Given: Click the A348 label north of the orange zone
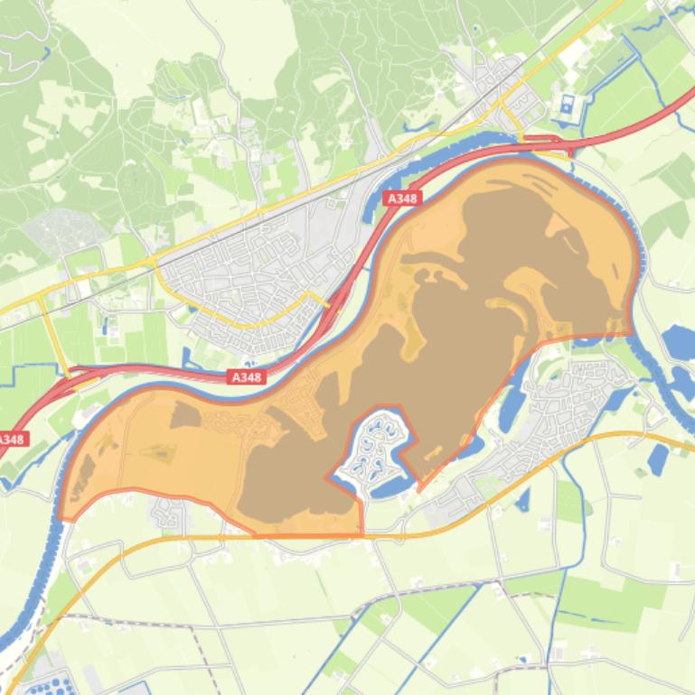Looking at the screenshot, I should (x=401, y=198).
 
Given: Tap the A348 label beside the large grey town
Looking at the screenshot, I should (x=246, y=377).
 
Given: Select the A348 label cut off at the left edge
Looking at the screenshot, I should (x=11, y=440).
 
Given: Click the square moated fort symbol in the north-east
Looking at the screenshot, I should (x=568, y=107).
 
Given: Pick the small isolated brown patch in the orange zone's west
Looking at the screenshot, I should (x=185, y=414).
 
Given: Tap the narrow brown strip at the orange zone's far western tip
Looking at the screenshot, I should (x=82, y=474).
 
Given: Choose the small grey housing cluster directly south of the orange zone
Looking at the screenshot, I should (x=169, y=515).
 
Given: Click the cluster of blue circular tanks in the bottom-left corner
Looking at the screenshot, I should (x=41, y=687).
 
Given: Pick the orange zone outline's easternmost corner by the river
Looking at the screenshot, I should (x=632, y=333).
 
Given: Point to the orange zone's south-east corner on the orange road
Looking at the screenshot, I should (x=362, y=534).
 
